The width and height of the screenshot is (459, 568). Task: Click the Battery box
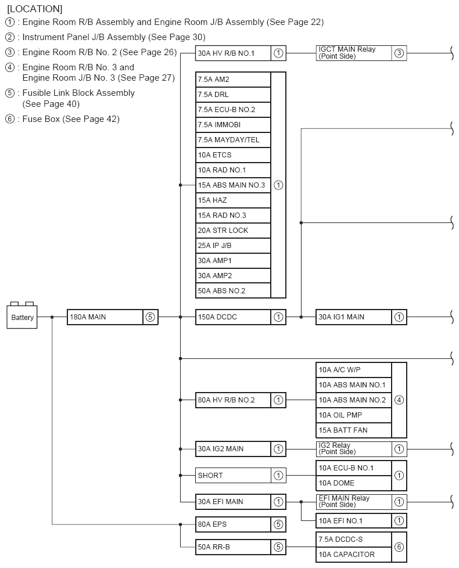click(x=21, y=317)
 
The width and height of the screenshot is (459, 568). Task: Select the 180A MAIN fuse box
click(x=113, y=317)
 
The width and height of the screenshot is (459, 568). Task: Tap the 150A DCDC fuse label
click(x=217, y=317)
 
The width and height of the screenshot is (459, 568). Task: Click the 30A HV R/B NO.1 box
click(x=241, y=53)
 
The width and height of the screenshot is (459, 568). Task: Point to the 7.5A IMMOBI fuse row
click(x=234, y=125)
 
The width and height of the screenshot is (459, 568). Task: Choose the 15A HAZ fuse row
click(x=234, y=200)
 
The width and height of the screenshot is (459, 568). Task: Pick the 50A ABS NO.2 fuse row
click(x=234, y=290)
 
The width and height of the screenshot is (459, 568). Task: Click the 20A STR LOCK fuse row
click(x=234, y=231)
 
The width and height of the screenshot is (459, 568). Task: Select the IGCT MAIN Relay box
click(x=361, y=53)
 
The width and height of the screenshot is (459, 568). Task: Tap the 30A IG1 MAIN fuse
click(x=361, y=317)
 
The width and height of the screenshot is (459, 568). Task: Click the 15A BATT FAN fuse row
click(x=354, y=430)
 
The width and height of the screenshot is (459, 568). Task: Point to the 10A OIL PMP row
click(x=354, y=415)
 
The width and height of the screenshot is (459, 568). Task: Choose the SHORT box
click(x=241, y=475)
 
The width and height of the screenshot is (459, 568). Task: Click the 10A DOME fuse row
click(x=354, y=483)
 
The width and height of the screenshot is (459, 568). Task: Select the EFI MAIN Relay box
click(x=361, y=502)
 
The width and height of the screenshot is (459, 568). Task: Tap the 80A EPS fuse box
click(x=241, y=524)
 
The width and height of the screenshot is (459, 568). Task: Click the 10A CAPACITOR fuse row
click(x=354, y=554)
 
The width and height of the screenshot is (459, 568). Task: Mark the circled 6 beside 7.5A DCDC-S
click(x=399, y=547)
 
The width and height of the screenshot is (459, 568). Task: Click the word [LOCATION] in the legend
click(x=35, y=9)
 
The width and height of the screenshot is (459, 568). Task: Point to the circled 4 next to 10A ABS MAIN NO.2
click(x=399, y=400)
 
